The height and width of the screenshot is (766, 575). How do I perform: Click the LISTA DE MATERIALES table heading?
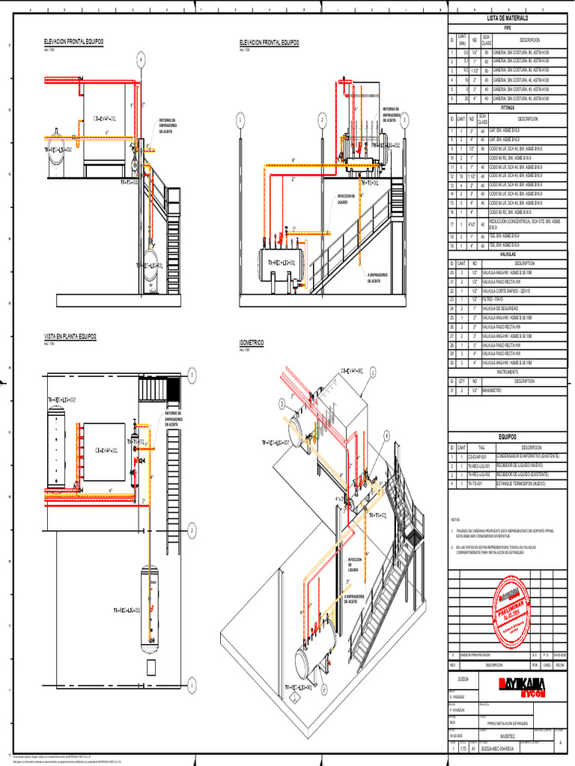[x=507, y=17]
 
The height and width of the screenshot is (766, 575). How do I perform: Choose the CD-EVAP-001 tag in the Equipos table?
[x=478, y=456]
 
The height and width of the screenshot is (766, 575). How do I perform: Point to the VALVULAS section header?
[x=507, y=256]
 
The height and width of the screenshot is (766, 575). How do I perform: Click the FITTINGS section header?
[x=507, y=108]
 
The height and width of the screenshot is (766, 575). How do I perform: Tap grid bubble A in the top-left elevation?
[x=140, y=63]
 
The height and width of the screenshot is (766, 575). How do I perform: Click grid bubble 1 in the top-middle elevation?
[x=240, y=120]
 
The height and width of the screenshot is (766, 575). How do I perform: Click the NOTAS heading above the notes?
[x=455, y=519]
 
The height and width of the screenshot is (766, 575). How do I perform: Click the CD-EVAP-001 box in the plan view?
[x=104, y=451]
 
